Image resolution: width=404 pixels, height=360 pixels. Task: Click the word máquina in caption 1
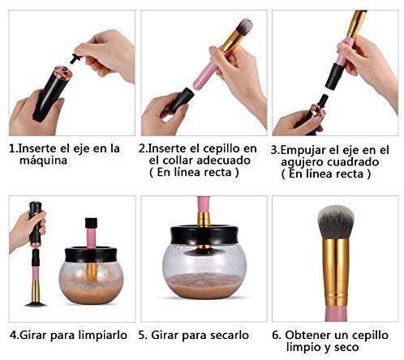coord(43,161)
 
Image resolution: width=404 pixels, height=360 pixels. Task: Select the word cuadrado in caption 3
coord(353,162)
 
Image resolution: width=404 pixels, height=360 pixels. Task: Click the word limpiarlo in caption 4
coord(103,335)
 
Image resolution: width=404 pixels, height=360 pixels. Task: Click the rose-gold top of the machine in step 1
coord(62,72)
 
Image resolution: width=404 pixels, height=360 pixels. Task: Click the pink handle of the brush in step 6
coord(336,314)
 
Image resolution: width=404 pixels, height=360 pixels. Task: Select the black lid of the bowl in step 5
coord(204,234)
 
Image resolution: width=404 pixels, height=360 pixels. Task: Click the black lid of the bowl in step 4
coord(91,254)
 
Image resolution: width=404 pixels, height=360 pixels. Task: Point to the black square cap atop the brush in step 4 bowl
coord(91,223)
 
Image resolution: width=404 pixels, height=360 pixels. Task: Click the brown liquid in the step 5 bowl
coord(204,285)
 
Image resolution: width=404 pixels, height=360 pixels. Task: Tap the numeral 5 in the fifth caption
coord(141,335)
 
